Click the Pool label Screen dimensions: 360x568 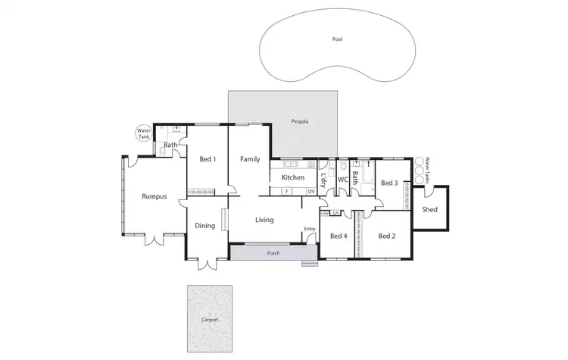click(x=337, y=39)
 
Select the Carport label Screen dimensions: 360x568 click(x=210, y=320)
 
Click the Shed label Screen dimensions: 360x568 click(x=429, y=209)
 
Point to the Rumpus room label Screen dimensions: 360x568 click(x=154, y=196)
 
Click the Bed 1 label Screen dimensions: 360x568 click(x=208, y=159)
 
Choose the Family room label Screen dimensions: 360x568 click(x=250, y=159)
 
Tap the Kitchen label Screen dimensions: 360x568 click(x=292, y=177)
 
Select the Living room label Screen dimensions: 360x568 click(x=264, y=220)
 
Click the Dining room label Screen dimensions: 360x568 click(x=205, y=225)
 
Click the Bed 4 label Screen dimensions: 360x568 click(x=339, y=236)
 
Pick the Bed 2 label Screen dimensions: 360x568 click(x=386, y=236)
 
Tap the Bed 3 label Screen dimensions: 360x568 click(x=389, y=183)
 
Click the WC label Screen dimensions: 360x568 click(x=342, y=180)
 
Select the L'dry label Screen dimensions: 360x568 click(x=324, y=180)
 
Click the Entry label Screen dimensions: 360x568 click(x=310, y=229)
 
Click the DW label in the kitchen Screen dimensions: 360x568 click(x=311, y=192)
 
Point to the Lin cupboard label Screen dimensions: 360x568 click(x=335, y=213)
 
